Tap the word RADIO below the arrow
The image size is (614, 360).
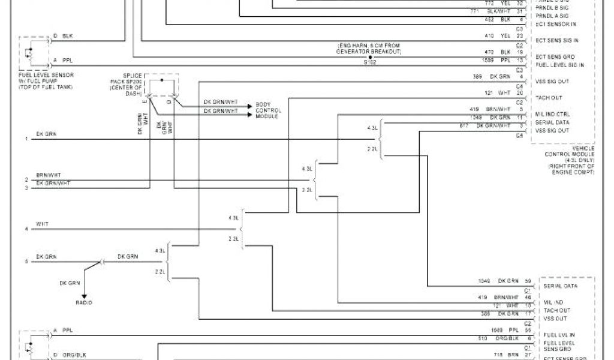tap(84, 303)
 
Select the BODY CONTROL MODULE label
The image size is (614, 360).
tap(269, 110)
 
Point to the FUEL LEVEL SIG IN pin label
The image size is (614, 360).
tap(559, 65)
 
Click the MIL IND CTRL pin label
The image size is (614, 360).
tap(552, 114)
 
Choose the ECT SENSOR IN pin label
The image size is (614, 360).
tap(556, 24)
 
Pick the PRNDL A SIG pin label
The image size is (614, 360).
tap(552, 16)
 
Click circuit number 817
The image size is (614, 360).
tap(464, 125)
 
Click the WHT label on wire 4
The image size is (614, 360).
tap(42, 224)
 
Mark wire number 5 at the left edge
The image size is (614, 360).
tap(26, 261)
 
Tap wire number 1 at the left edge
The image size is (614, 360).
tap(26, 139)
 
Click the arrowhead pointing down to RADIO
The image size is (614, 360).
tap(84, 295)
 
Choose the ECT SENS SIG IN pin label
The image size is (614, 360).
tap(557, 40)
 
